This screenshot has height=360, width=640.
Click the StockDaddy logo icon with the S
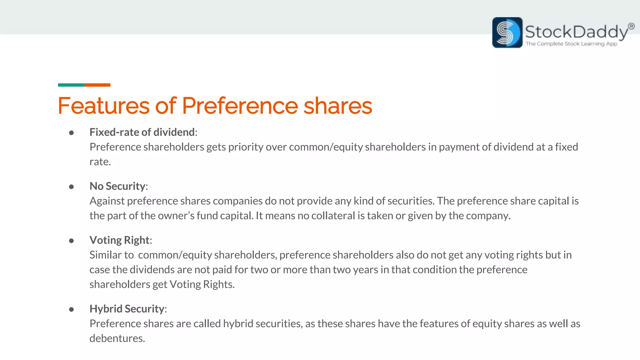coord(507,32)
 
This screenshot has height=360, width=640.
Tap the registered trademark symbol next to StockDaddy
coord(631,26)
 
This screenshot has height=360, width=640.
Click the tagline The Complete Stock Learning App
coord(571,44)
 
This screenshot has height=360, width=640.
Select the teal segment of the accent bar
coord(71,85)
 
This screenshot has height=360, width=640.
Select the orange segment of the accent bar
coord(97,85)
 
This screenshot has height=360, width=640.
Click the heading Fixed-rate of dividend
coord(142,132)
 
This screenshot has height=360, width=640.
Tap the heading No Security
coord(117,186)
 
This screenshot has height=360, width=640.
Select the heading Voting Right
coord(119,240)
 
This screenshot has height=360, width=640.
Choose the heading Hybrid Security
coord(127,309)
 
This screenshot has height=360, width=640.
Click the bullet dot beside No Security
coord(71,187)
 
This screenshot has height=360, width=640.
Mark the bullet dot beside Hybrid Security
coord(71,309)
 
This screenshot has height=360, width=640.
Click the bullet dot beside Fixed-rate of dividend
coord(71,133)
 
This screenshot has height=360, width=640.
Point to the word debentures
coord(117,338)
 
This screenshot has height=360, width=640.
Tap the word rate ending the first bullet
coord(100,162)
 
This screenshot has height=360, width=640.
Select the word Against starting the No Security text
coord(107,201)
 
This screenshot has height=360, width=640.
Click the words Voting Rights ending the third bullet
coord(202,284)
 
